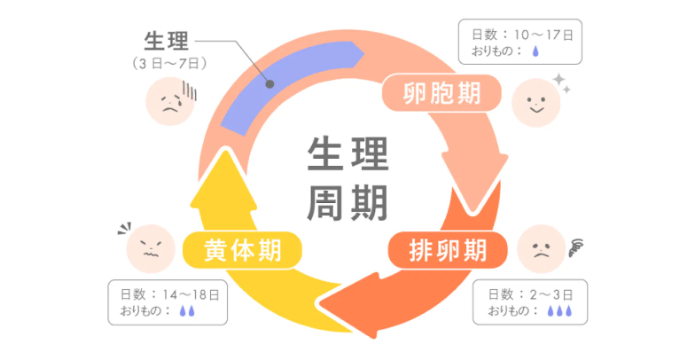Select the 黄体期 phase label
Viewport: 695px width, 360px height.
click(x=242, y=251)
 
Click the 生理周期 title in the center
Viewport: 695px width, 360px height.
click(x=347, y=179)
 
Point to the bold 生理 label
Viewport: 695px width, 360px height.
click(x=166, y=42)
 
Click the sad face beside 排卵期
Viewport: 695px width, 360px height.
click(x=540, y=248)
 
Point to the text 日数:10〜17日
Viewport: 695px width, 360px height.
click(x=522, y=35)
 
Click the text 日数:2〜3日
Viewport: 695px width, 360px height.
click(x=531, y=293)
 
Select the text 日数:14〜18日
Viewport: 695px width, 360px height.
click(x=168, y=293)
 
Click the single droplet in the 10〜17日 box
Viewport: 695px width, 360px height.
click(x=534, y=52)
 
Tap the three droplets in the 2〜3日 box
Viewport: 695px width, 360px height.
click(x=559, y=310)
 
